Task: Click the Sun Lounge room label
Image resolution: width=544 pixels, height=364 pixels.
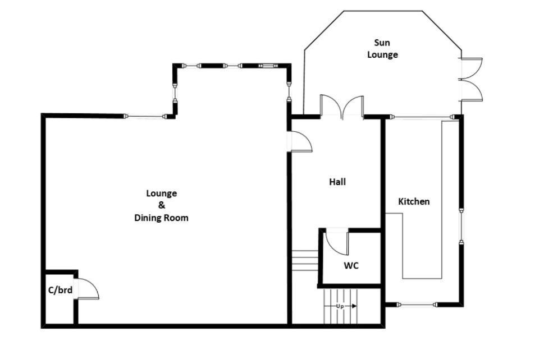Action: (382, 49)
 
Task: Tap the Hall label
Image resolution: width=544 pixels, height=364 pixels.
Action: (337, 182)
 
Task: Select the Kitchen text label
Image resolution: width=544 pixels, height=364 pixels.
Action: (414, 201)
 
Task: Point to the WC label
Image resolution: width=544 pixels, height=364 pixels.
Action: (351, 265)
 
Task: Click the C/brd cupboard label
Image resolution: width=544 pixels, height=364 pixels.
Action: (61, 290)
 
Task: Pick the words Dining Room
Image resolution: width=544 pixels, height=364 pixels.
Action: (161, 218)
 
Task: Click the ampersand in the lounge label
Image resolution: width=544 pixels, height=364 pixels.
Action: (162, 205)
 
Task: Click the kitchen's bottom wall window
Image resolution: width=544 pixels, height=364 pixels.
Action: (417, 305)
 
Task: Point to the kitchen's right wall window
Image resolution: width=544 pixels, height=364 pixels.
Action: (461, 226)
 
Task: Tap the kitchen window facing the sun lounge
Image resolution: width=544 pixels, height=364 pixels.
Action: (422, 117)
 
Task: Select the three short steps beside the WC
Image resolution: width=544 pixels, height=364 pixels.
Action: (305, 260)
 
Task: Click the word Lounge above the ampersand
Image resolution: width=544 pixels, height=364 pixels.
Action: (161, 193)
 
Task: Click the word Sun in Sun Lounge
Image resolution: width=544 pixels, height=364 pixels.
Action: (382, 43)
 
